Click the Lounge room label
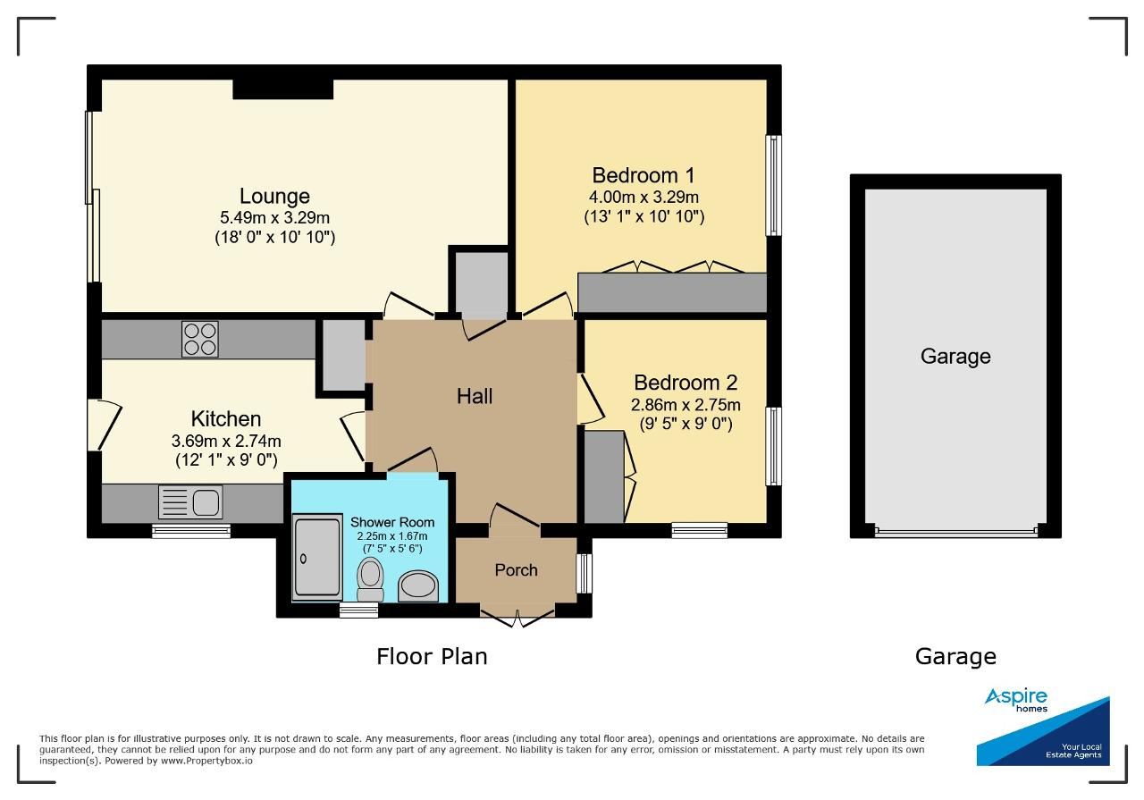(x=274, y=197)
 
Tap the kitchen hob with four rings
(x=199, y=339)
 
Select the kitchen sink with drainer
(x=190, y=502)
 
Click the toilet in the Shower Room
(x=371, y=579)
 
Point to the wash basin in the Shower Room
(x=418, y=585)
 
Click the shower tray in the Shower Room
(x=317, y=557)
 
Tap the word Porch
(x=516, y=570)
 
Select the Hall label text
(x=475, y=396)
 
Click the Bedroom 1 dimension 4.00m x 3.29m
(x=643, y=197)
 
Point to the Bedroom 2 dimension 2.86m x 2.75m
(x=686, y=405)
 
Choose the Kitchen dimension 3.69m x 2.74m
(x=226, y=441)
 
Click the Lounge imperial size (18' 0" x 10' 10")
(x=274, y=237)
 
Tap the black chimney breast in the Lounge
(x=283, y=89)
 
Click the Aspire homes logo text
(x=1016, y=700)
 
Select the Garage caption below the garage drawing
(x=955, y=657)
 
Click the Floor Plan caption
(x=432, y=656)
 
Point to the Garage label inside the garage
(x=955, y=357)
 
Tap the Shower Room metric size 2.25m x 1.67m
(x=392, y=536)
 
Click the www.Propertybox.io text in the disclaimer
(x=206, y=762)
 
